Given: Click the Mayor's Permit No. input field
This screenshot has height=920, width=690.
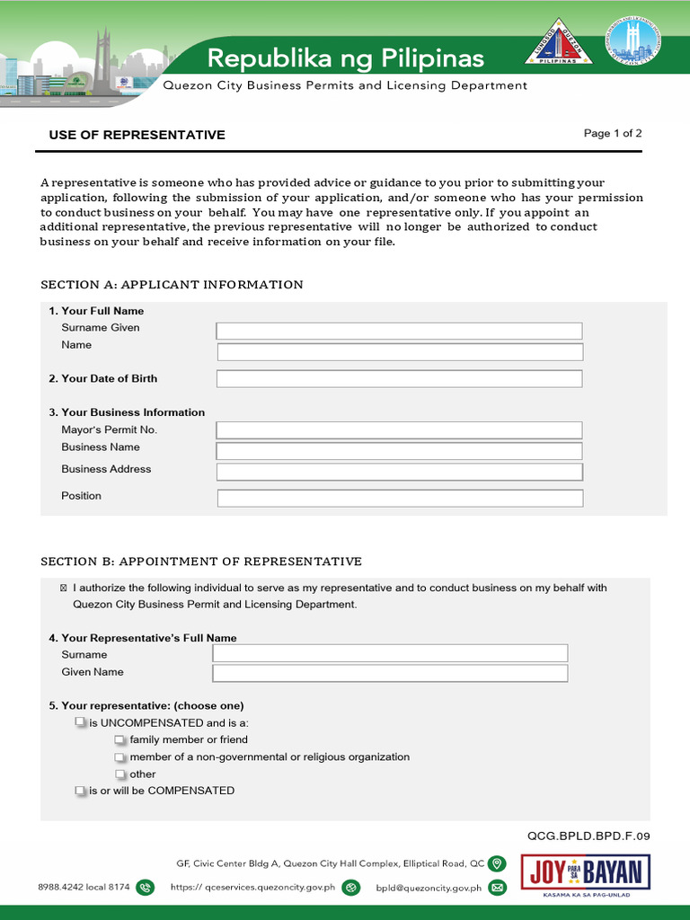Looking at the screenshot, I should pyautogui.click(x=399, y=430).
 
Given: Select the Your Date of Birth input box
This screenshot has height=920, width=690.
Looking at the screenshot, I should pyautogui.click(x=399, y=379).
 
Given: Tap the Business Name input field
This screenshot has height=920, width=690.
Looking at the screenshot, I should pyautogui.click(x=399, y=451).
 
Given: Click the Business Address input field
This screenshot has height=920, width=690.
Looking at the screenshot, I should pyautogui.click(x=399, y=472).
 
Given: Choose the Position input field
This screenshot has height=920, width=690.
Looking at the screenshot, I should pyautogui.click(x=400, y=498).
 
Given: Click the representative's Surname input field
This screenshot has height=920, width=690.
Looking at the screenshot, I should pyautogui.click(x=390, y=653).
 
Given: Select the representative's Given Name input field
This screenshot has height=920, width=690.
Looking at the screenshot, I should pyautogui.click(x=390, y=673).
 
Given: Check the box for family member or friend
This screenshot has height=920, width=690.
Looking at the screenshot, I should pyautogui.click(x=120, y=740).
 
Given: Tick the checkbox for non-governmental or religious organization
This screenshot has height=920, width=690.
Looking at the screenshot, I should pyautogui.click(x=120, y=757).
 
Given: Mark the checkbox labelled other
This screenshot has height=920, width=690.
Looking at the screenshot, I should pyautogui.click(x=120, y=774).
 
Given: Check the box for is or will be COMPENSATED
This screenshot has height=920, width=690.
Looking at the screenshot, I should pyautogui.click(x=80, y=792).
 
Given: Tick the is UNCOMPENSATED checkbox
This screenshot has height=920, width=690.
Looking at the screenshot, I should pyautogui.click(x=80, y=722).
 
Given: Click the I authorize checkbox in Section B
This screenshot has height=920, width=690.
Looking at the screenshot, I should pyautogui.click(x=63, y=588).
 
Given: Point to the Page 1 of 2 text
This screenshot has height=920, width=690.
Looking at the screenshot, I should pyautogui.click(x=613, y=134).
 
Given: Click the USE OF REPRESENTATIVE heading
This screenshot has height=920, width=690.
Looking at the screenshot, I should pyautogui.click(x=137, y=135).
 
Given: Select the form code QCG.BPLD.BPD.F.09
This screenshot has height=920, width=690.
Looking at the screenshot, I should pyautogui.click(x=588, y=836).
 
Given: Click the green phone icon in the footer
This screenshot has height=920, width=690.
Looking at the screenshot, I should pyautogui.click(x=145, y=888).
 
